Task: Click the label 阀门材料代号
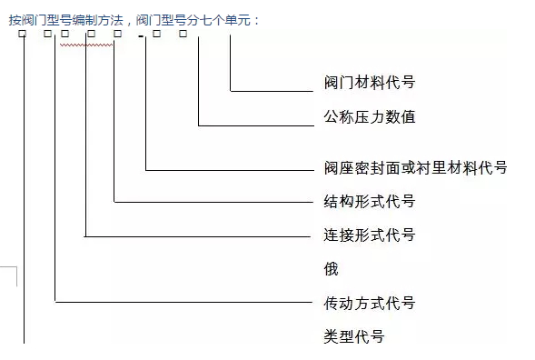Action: pyautogui.click(x=369, y=83)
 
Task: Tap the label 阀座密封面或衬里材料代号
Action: pyautogui.click(x=414, y=167)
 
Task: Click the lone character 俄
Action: pyautogui.click(x=332, y=269)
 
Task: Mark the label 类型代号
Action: pyautogui.click(x=354, y=336)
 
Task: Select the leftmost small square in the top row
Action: pyautogui.click(x=22, y=35)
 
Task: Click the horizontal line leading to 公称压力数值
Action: pyautogui.click(x=254, y=125)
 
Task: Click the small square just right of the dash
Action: pyautogui.click(x=156, y=35)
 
